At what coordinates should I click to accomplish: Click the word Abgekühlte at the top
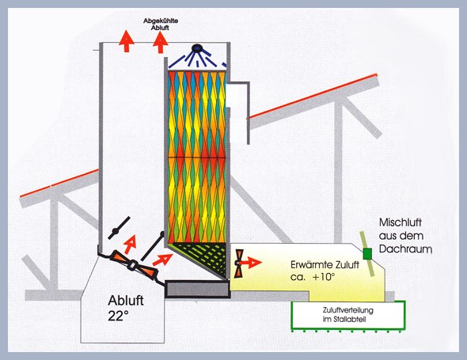pyautogui.click(x=161, y=21)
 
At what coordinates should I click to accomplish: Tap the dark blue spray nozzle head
pyautogui.click(x=196, y=47)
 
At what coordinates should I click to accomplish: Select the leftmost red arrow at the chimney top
pyautogui.click(x=127, y=41)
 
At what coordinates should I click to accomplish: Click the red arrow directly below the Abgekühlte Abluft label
pyautogui.click(x=161, y=42)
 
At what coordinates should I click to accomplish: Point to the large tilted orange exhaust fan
pyautogui.click(x=133, y=265)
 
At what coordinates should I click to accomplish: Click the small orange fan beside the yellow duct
pyautogui.click(x=238, y=263)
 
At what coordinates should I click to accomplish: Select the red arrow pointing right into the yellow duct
pyautogui.click(x=251, y=263)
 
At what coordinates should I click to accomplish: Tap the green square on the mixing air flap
pyautogui.click(x=367, y=254)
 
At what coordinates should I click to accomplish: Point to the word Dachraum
pyautogui.click(x=405, y=249)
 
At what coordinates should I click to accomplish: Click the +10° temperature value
pyautogui.click(x=324, y=277)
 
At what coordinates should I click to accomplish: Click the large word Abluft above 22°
pyautogui.click(x=126, y=301)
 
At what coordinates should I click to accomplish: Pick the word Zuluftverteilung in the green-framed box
pyautogui.click(x=347, y=310)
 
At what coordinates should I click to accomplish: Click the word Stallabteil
pyautogui.click(x=351, y=320)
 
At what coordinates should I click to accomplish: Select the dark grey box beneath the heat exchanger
pyautogui.click(x=197, y=289)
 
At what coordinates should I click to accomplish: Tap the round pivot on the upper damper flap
pyautogui.click(x=116, y=231)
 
